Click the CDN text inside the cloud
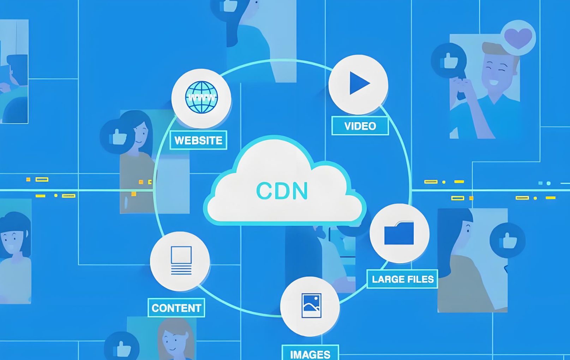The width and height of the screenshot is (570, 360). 282,191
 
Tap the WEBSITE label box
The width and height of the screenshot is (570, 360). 198,140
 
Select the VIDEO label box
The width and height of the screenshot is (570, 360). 360,126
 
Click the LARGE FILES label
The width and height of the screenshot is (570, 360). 402,279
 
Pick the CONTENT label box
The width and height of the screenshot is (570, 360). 176,308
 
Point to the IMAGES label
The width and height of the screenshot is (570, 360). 310,353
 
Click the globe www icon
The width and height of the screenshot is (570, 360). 202,97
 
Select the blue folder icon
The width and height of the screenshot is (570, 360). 399,233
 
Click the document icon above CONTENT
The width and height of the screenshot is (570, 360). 181,260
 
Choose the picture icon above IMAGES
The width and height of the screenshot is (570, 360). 311,306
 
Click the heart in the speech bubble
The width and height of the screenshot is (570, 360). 518,38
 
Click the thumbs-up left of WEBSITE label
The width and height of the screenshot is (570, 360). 117,137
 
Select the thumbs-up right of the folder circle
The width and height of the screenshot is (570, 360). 508,240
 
